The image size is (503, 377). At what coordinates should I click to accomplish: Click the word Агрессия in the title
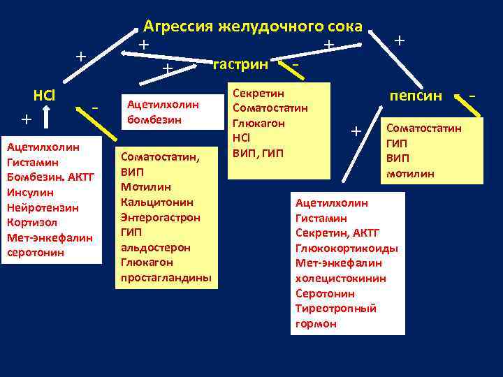178,27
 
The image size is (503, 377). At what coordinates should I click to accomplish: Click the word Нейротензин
43,207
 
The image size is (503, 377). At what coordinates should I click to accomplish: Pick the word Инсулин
31,192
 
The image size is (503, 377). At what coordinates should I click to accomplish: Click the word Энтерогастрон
161,217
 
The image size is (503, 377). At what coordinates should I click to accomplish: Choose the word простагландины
166,277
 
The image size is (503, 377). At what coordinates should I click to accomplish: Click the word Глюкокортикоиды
347,248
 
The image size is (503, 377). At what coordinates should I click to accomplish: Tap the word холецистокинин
341,278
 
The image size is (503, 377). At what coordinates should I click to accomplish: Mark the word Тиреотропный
336,308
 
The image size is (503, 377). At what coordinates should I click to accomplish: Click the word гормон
316,323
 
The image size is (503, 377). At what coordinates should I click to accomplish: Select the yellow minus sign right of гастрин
296,65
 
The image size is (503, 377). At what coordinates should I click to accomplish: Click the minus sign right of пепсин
473,93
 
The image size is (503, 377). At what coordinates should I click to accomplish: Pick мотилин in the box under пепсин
410,174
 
